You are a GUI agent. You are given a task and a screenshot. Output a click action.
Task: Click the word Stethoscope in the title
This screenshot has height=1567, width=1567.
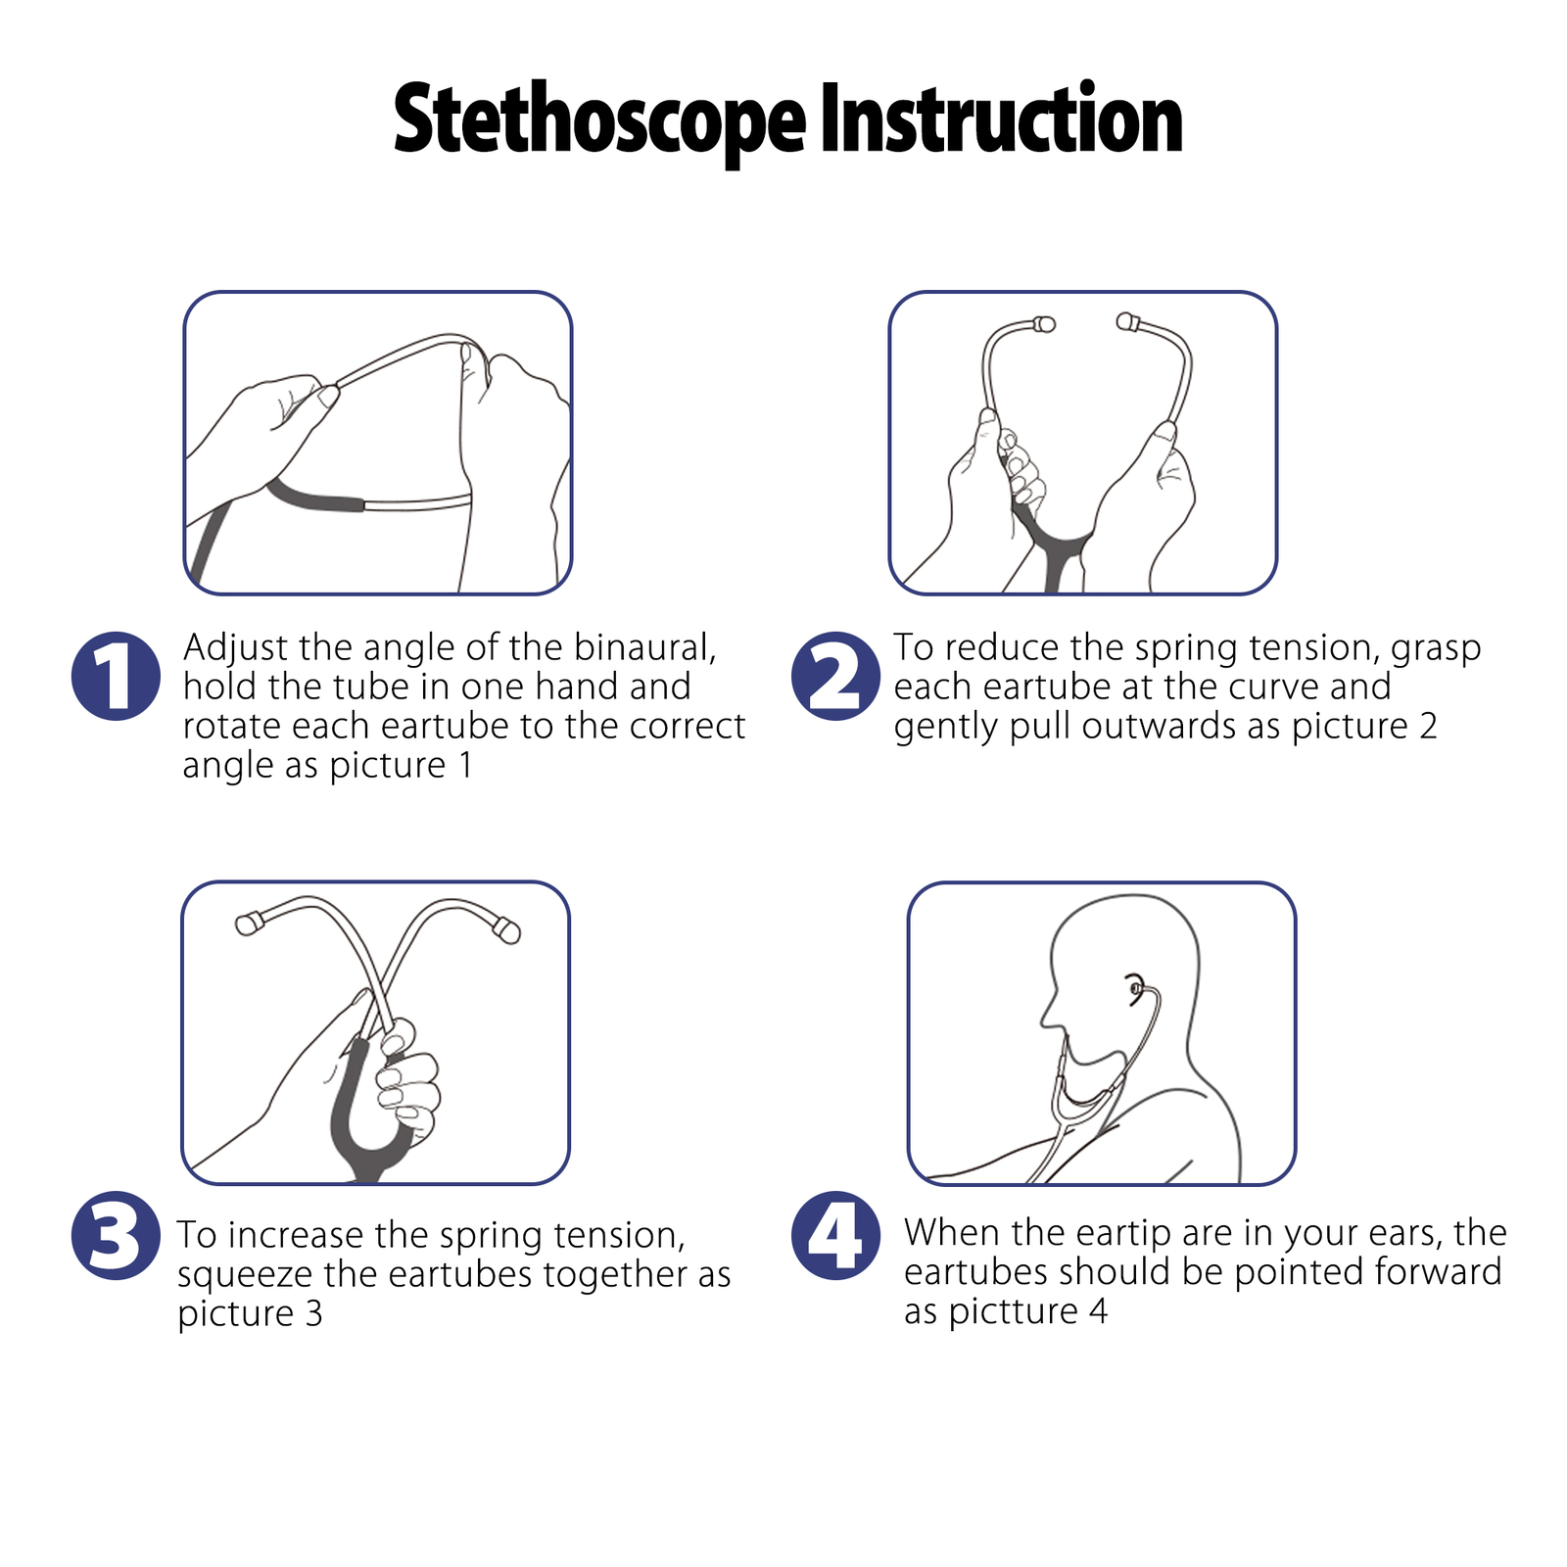pos(599,120)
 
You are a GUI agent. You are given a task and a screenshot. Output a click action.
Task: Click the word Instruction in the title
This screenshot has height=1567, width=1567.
pos(1001,120)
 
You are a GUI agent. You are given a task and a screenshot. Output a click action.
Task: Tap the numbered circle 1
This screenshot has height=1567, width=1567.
pos(116,676)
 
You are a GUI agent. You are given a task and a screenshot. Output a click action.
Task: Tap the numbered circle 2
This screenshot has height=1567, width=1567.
pos(835,676)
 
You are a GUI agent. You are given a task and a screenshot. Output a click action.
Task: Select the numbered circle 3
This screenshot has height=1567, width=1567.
pos(116,1235)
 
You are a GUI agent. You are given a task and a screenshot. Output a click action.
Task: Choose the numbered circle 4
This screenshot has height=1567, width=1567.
pos(835,1235)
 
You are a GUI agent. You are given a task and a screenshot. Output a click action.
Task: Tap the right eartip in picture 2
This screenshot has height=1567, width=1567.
pos(1127,321)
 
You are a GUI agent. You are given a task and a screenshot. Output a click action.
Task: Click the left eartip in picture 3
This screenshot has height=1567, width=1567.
pos(248,923)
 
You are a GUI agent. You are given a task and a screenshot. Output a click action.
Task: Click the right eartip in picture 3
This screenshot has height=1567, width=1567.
pos(507,929)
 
